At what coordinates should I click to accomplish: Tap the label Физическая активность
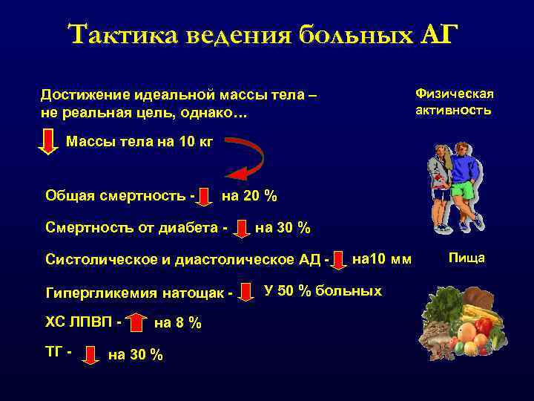454,102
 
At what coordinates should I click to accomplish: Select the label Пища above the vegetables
467,258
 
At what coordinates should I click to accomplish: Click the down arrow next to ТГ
90,354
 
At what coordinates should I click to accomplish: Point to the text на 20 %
249,196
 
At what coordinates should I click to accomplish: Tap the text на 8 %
178,323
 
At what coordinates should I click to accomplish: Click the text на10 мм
381,259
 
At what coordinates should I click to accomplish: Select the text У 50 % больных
323,290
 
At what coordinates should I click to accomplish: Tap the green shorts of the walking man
462,190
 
